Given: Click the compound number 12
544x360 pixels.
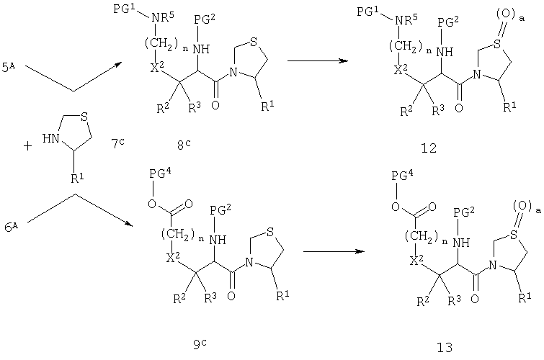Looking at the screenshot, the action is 429,148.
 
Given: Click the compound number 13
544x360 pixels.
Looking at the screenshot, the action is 445,347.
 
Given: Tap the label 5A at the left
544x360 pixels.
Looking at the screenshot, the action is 9,67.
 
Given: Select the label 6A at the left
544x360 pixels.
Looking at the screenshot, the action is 11,228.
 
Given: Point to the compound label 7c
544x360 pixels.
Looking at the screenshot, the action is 118,143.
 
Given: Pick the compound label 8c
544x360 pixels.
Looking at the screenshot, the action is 184,145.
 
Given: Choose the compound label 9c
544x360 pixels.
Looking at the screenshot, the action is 200,344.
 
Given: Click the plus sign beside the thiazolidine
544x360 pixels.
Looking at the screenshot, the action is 27,146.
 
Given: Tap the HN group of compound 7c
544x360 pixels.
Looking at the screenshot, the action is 50,139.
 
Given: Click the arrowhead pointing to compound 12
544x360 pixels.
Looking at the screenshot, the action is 344,61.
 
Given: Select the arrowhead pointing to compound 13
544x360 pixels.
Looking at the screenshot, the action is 360,251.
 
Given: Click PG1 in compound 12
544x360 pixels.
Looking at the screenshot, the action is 367,12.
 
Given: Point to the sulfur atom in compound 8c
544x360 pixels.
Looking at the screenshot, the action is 254,42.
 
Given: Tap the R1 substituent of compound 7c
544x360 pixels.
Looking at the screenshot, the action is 77,178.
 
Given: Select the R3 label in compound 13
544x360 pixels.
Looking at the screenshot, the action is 454,300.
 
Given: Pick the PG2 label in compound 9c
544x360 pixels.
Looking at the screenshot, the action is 220,209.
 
